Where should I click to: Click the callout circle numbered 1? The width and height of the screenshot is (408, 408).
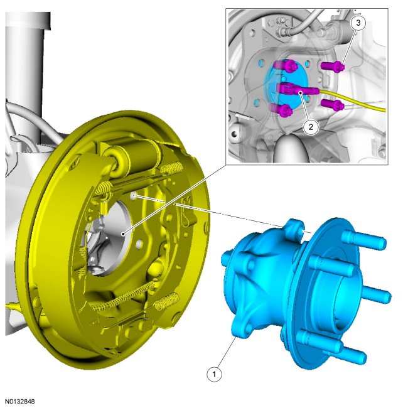click(214, 374)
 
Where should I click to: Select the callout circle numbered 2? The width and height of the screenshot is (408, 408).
click(311, 127)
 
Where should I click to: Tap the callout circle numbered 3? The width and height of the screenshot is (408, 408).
click(358, 23)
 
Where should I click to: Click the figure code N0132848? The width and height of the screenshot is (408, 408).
click(20, 402)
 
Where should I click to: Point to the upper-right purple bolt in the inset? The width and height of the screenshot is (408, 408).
click(333, 66)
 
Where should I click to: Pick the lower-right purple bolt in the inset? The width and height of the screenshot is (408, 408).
click(333, 105)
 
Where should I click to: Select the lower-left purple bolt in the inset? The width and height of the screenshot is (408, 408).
click(282, 110)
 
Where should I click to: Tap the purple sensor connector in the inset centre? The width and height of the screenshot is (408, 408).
click(297, 89)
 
